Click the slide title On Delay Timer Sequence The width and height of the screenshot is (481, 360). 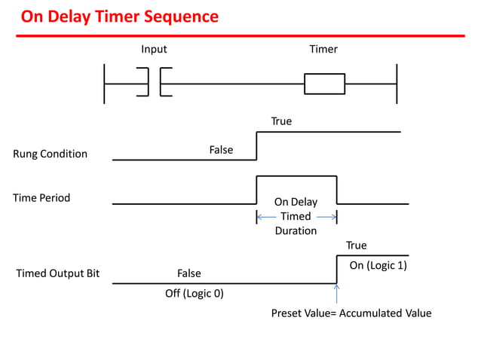[119, 16]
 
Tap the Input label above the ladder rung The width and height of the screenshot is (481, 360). [154, 50]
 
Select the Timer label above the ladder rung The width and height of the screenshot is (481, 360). [323, 50]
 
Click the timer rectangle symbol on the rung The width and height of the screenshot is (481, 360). [324, 84]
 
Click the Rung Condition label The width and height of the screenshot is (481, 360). [50, 154]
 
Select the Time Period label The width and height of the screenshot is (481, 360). [41, 198]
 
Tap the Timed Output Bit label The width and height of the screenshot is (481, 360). [58, 273]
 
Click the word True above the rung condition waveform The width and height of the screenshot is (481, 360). [281, 121]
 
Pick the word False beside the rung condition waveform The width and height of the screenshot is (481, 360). [221, 150]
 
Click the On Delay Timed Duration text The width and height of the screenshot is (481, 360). [296, 216]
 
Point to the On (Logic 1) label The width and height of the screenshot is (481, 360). [378, 265]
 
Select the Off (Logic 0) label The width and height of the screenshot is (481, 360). [195, 293]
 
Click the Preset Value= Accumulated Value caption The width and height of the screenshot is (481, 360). [351, 313]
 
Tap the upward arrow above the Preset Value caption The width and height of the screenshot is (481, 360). [336, 294]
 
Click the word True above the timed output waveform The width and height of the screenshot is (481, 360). [357, 246]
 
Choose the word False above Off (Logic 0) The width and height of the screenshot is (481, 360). [189, 273]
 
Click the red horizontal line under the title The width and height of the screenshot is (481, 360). [241, 35]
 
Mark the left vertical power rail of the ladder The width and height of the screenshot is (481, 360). [105, 84]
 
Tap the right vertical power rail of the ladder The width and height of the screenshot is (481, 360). [396, 84]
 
